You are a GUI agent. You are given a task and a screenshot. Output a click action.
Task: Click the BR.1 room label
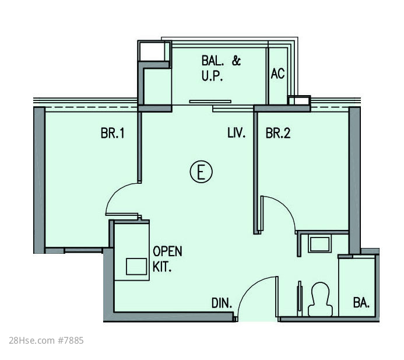(113, 134)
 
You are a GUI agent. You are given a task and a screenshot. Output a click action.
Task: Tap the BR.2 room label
(278, 134)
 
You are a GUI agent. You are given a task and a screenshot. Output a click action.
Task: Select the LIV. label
(237, 133)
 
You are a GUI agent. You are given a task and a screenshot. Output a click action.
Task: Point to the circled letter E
(201, 172)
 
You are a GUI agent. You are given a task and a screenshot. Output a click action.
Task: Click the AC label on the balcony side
(277, 74)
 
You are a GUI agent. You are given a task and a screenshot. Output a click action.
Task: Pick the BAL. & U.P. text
(221, 69)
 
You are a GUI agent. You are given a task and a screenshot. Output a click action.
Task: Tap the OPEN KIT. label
(167, 259)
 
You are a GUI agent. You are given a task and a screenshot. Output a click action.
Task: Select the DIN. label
(222, 303)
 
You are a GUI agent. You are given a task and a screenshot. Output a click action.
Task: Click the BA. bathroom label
(361, 302)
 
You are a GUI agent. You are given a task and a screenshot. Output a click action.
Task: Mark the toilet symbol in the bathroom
(320, 299)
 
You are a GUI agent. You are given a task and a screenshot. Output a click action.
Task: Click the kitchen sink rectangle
(136, 267)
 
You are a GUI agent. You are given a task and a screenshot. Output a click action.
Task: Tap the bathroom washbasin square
(319, 244)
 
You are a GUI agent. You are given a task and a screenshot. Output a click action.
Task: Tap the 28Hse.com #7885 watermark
(47, 340)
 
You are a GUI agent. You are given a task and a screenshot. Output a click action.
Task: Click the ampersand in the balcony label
(236, 61)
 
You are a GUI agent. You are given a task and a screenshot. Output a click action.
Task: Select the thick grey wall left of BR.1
(39, 180)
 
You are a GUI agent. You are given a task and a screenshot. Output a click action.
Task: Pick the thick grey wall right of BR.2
(354, 180)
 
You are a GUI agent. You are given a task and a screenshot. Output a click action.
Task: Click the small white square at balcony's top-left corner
(152, 51)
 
